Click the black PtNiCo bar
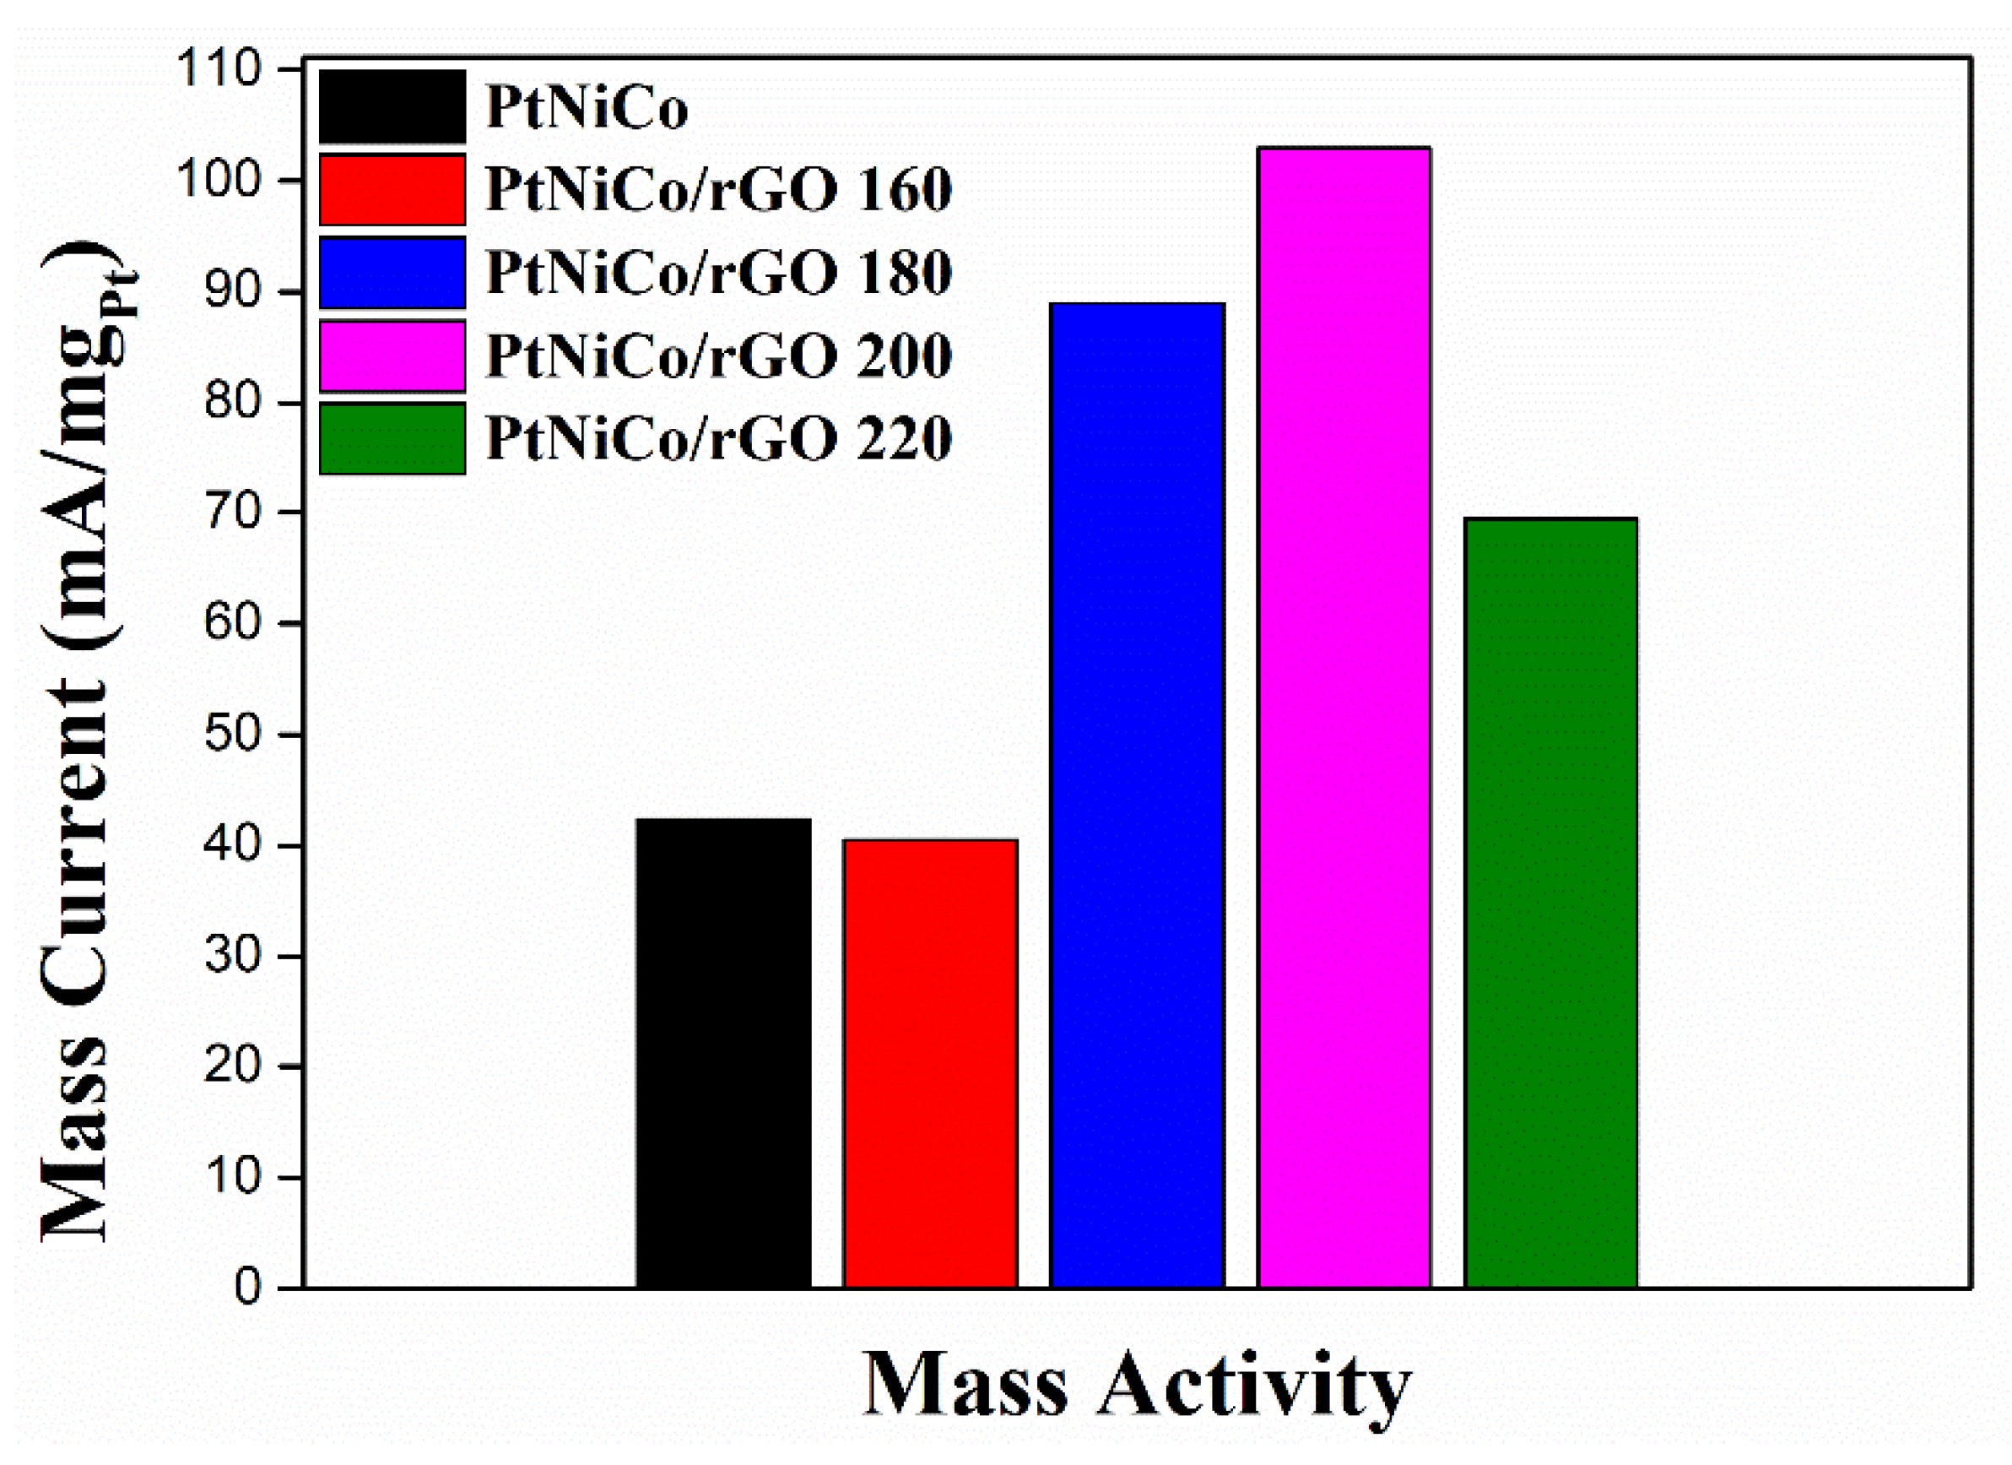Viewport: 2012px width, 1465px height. [723, 1053]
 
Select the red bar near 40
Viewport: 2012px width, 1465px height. [930, 1063]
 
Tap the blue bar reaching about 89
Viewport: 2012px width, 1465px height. [1137, 796]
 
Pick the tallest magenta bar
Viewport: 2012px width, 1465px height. [1343, 717]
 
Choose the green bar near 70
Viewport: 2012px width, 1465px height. [1550, 903]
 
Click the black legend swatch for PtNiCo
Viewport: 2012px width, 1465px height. [392, 106]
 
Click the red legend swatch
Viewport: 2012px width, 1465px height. [392, 189]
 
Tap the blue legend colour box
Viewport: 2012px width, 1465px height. [392, 273]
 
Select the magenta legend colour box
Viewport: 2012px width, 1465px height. [392, 355]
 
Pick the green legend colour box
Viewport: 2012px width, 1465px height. [392, 438]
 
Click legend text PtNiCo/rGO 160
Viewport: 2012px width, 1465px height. [718, 190]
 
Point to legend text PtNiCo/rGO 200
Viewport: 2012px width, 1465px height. [718, 355]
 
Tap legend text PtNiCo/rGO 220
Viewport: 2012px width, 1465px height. [718, 438]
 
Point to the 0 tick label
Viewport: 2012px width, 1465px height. [247, 1288]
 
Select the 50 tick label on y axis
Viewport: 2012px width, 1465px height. [232, 734]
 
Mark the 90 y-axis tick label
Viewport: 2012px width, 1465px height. [232, 291]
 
